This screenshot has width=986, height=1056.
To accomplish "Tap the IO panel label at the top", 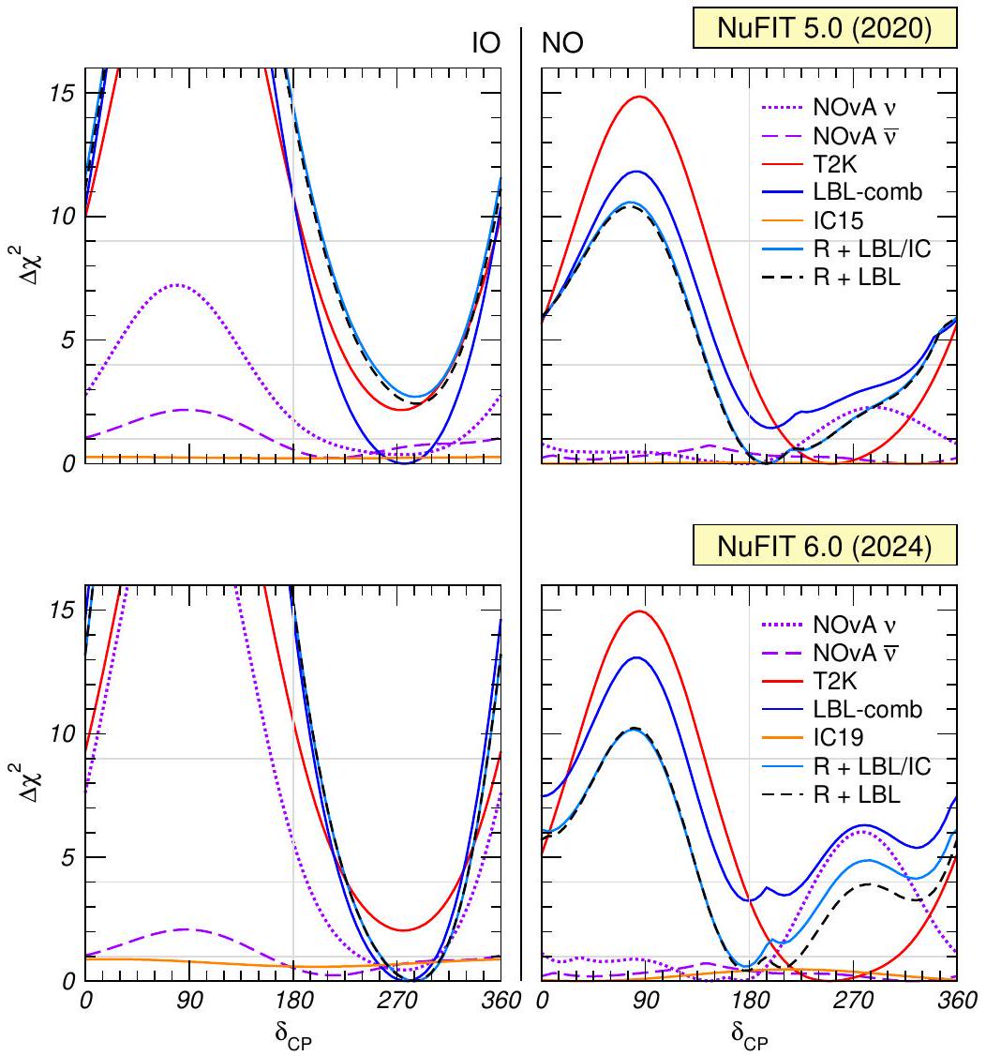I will pyautogui.click(x=488, y=41).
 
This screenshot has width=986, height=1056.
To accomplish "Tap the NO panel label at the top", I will pyautogui.click(x=560, y=41).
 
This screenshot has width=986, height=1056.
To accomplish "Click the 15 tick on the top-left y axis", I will pyautogui.click(x=63, y=92).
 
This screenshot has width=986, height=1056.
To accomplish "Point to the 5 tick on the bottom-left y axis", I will pyautogui.click(x=67, y=857).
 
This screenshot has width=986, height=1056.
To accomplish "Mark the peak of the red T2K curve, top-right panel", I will pyautogui.click(x=641, y=97).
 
